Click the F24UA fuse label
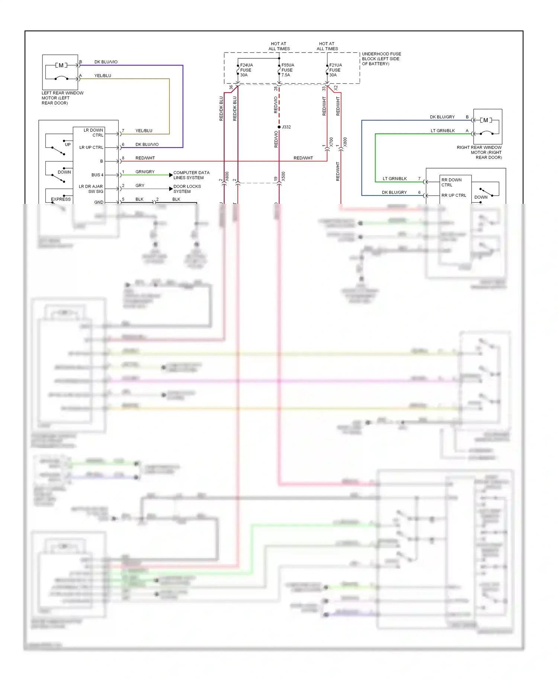(246, 70)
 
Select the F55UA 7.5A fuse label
(288, 70)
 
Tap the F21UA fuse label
(335, 70)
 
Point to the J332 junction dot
(279, 127)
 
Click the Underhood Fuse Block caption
(381, 59)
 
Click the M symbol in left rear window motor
(61, 65)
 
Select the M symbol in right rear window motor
(485, 120)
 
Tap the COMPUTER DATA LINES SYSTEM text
(191, 175)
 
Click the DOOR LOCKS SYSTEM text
(187, 189)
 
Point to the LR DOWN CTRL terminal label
(93, 133)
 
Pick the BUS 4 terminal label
(97, 175)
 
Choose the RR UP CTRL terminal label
(453, 195)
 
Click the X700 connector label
(331, 142)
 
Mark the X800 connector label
(345, 142)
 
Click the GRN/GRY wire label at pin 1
(145, 172)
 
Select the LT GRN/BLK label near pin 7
(394, 179)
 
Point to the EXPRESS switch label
(61, 199)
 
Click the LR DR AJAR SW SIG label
(91, 189)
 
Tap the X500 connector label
(283, 176)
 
